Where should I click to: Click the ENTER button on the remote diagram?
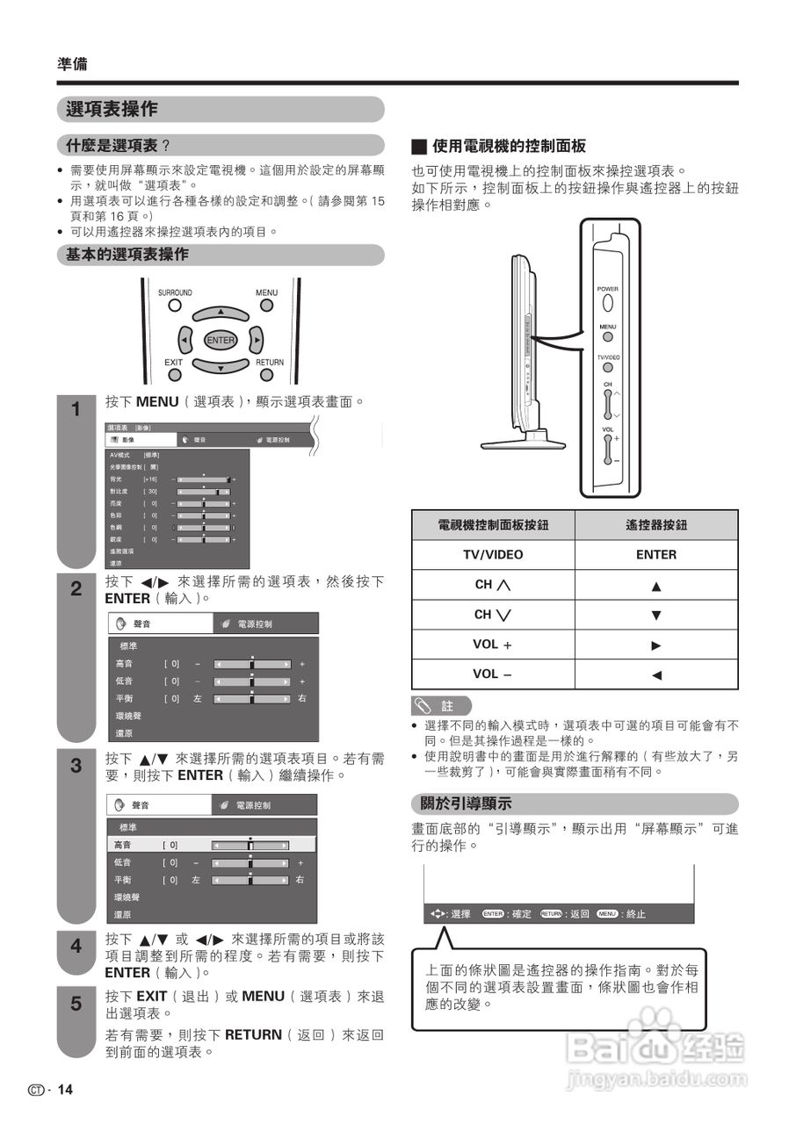(x=221, y=340)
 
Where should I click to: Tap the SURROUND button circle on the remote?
(x=175, y=306)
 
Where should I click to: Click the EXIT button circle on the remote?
(x=174, y=375)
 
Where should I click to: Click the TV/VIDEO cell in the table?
(x=493, y=555)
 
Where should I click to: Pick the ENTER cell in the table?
(x=656, y=555)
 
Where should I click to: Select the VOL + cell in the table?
(x=493, y=645)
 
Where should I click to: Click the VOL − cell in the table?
(x=493, y=674)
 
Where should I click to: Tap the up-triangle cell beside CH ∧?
(x=656, y=586)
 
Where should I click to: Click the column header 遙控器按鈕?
(x=656, y=525)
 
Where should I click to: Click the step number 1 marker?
(x=76, y=410)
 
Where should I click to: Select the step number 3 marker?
(x=76, y=766)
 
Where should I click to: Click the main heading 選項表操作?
(x=112, y=109)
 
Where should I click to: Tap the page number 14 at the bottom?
(x=65, y=1091)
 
